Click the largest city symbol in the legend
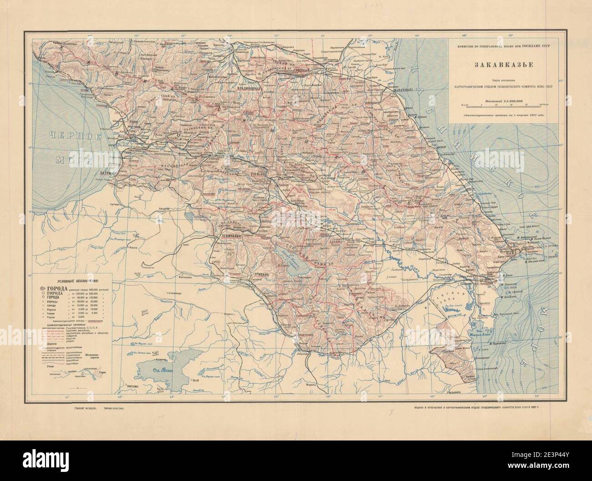42,289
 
